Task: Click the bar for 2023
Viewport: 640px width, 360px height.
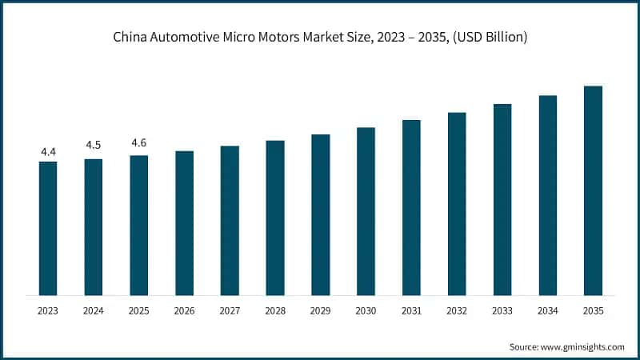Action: (x=48, y=228)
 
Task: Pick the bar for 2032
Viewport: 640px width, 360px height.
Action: (x=457, y=203)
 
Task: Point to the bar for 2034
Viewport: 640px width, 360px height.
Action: (x=547, y=195)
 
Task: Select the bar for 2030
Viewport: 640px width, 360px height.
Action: (x=366, y=211)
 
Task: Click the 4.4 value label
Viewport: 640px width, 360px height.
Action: (x=48, y=151)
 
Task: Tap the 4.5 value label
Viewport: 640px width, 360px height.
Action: (x=94, y=145)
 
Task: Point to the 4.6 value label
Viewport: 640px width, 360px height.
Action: (x=138, y=143)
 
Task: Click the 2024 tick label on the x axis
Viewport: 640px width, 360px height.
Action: (x=94, y=309)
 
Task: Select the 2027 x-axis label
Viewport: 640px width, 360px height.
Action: (x=230, y=309)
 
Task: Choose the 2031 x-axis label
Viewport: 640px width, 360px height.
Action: (x=411, y=309)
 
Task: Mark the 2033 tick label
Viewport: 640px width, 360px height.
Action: (x=502, y=309)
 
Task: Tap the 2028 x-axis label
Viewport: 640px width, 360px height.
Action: (x=275, y=309)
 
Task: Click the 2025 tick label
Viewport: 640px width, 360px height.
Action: (x=138, y=309)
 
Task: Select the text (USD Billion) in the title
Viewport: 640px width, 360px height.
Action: (x=489, y=38)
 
